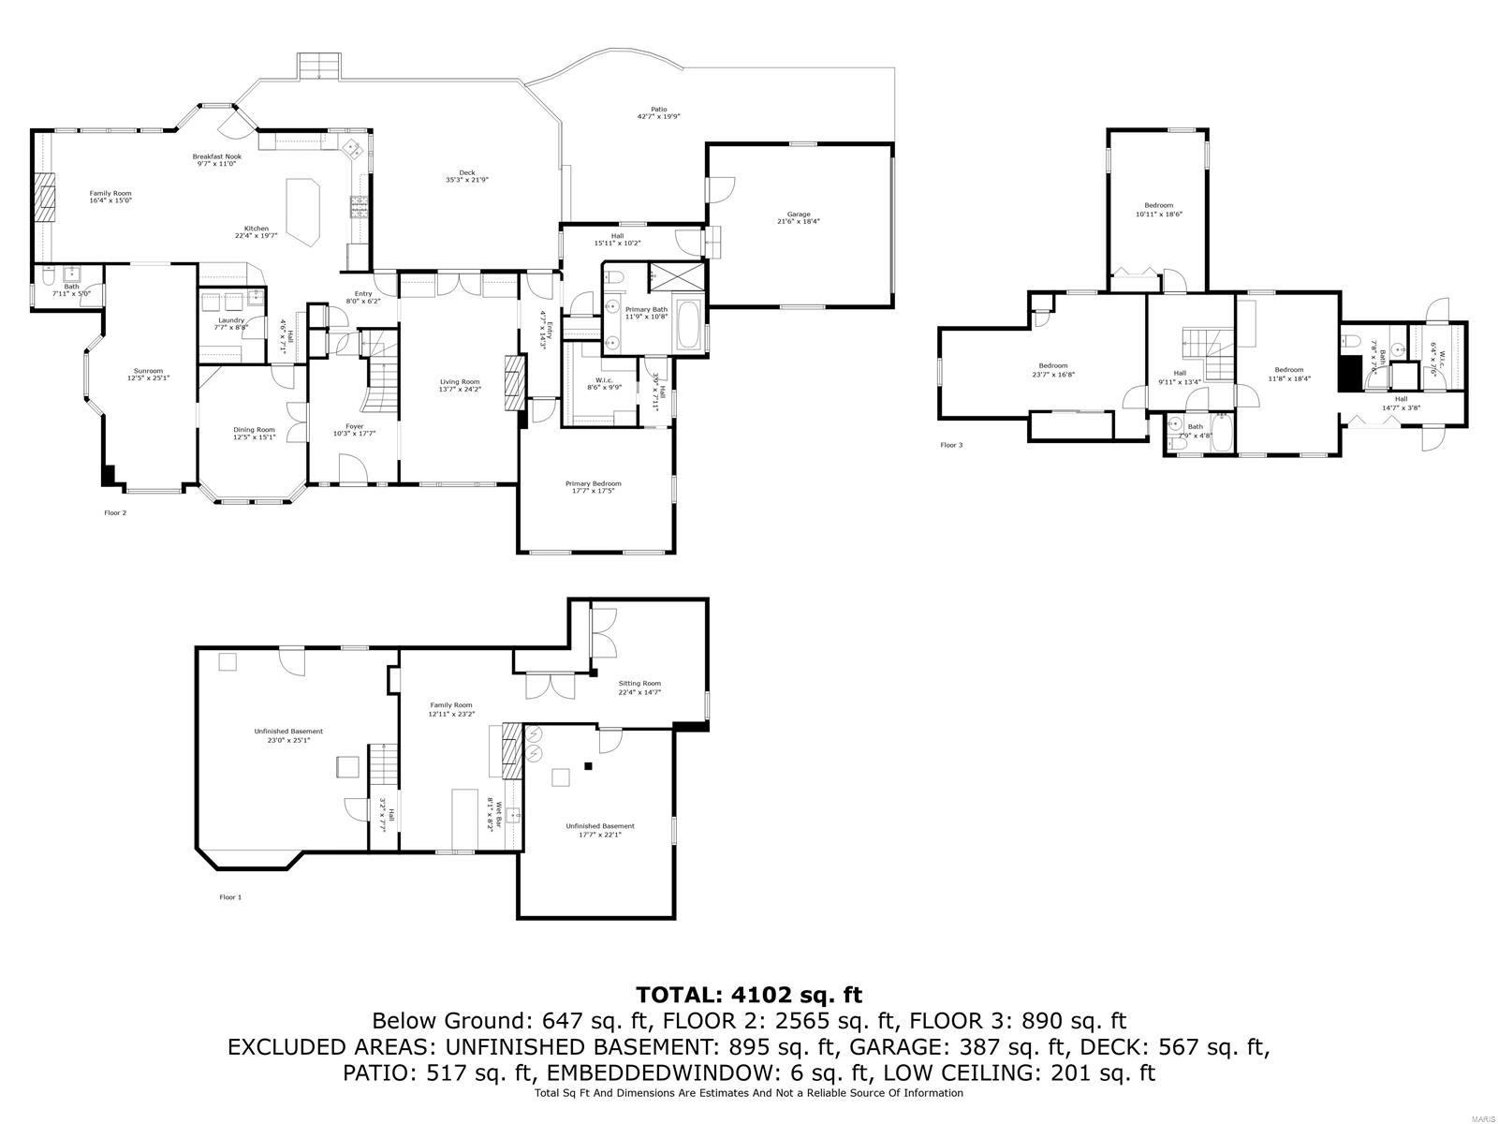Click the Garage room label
click(x=799, y=214)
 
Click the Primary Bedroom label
click(x=593, y=483)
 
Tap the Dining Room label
click(x=254, y=430)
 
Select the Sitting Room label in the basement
click(x=639, y=684)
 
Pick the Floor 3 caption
click(x=951, y=445)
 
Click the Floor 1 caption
click(x=230, y=896)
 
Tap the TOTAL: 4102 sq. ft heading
click(x=748, y=994)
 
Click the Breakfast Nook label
click(x=216, y=156)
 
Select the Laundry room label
click(x=230, y=320)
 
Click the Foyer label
click(x=354, y=426)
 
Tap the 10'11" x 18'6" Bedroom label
click(x=1158, y=205)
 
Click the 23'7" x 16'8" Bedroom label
click(x=1052, y=365)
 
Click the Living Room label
click(x=460, y=381)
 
